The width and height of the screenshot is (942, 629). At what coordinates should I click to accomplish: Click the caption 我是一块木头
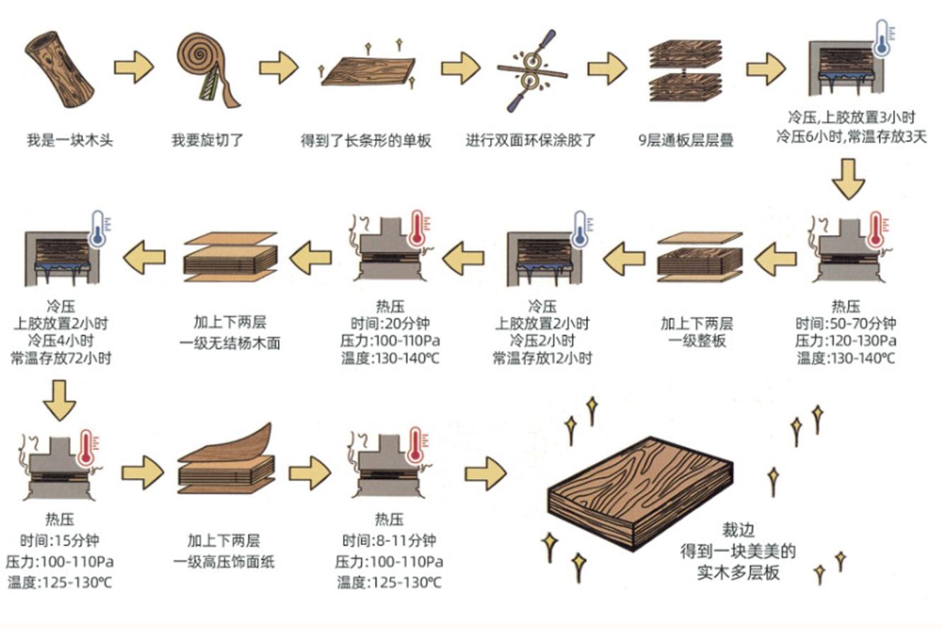pos(69,140)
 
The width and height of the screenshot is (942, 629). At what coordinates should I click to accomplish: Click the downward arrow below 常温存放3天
pos(848,180)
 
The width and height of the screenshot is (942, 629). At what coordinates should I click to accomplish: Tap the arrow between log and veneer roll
pos(134,68)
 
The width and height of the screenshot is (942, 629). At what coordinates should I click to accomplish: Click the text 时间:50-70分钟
pos(846,324)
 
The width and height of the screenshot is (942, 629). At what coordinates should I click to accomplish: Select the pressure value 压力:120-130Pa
pos(846,341)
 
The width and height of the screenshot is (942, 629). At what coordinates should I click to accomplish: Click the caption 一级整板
pos(696,341)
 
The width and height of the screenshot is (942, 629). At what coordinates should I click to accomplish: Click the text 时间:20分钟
pos(390,324)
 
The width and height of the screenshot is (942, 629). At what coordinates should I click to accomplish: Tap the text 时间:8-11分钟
pos(389,541)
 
